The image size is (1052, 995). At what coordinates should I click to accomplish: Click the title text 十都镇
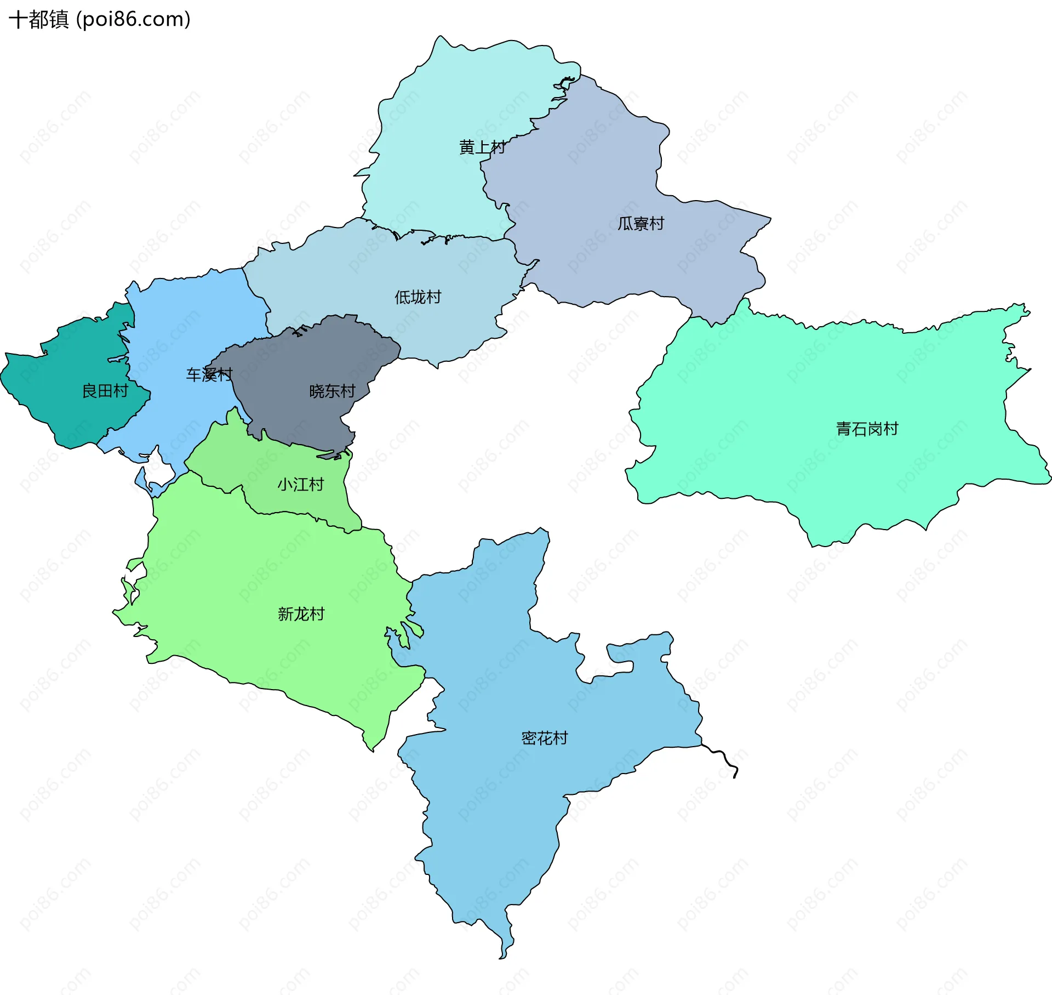click(38, 20)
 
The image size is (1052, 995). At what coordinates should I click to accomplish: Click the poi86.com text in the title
click(133, 20)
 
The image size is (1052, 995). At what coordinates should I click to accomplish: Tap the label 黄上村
click(482, 147)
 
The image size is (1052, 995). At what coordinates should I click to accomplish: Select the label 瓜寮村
click(641, 224)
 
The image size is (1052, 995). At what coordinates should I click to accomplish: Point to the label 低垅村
click(418, 297)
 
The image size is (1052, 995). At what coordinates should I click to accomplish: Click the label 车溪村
click(209, 375)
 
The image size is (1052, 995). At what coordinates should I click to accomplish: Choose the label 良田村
click(105, 391)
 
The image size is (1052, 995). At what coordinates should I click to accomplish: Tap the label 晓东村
click(332, 391)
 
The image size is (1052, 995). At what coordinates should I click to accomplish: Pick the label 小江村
click(300, 485)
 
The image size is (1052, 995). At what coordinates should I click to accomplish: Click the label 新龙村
click(301, 614)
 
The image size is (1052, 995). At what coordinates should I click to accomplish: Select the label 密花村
click(544, 738)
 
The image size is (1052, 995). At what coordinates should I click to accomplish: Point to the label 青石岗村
click(867, 429)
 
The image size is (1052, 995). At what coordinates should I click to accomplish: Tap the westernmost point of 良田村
click(2, 376)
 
